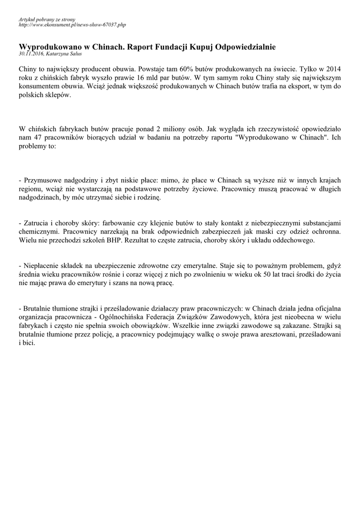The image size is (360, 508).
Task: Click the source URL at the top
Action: point(72,24)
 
